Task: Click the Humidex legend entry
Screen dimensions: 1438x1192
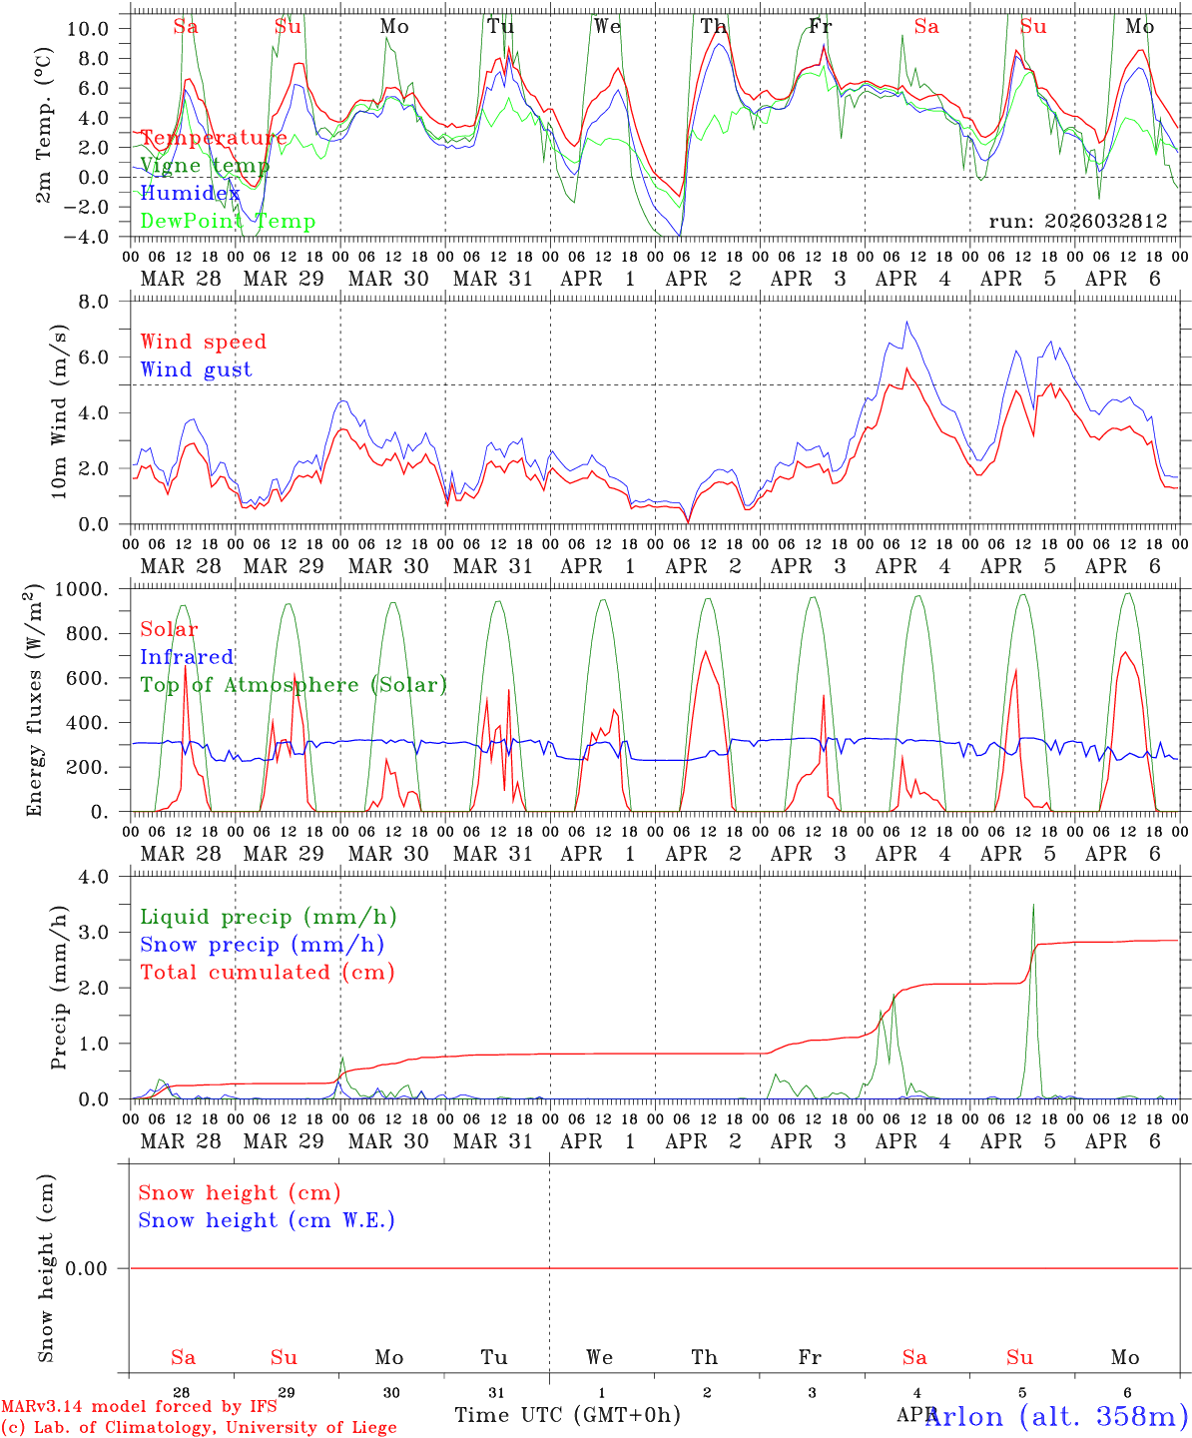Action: point(190,194)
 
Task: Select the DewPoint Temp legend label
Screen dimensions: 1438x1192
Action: point(228,222)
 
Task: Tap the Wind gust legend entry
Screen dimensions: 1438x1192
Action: point(196,369)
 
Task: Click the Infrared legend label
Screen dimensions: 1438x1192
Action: point(187,657)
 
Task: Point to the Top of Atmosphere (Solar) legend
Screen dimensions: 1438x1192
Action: point(294,685)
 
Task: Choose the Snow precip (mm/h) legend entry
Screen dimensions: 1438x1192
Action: point(262,945)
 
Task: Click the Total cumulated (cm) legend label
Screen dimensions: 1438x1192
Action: point(267,973)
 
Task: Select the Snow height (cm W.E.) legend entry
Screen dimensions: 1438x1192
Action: point(267,1220)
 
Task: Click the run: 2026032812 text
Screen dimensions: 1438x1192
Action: point(1077,222)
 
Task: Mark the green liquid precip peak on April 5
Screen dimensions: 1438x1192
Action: point(1033,906)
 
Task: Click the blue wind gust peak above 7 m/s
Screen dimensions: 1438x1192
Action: point(906,322)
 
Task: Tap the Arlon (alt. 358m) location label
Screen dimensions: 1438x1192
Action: point(1056,1416)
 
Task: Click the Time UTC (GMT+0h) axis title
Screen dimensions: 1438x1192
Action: point(567,1415)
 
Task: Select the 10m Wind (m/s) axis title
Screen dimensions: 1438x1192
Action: point(60,410)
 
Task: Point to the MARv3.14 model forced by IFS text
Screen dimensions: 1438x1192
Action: point(139,1407)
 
